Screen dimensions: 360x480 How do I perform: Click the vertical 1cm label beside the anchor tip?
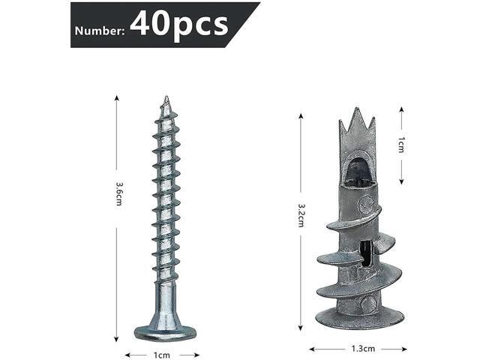point(402,144)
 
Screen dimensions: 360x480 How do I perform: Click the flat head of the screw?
point(164,330)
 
